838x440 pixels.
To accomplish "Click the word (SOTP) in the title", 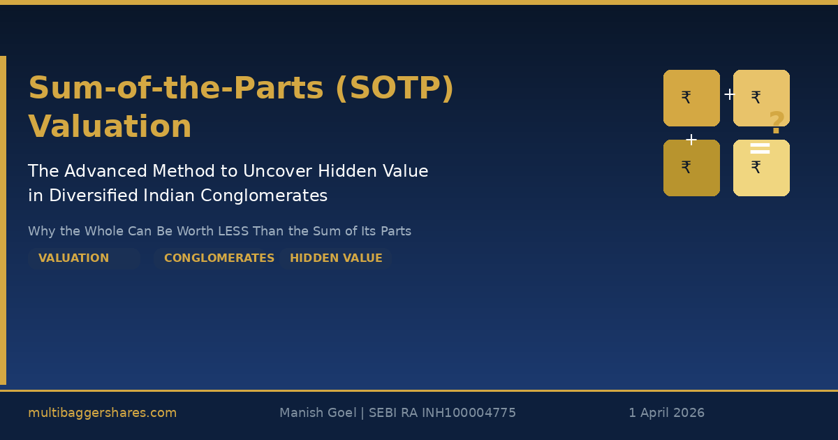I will (395, 89).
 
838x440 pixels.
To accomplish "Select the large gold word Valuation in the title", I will (110, 127).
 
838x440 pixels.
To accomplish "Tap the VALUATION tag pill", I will (74, 258).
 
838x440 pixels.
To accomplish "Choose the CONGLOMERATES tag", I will (219, 258).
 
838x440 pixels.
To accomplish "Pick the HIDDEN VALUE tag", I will (336, 258).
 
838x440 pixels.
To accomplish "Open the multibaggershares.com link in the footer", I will (102, 413).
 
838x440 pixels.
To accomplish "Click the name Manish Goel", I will (317, 413).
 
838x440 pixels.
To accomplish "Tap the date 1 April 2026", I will (666, 413).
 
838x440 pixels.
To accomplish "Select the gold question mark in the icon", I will (777, 124).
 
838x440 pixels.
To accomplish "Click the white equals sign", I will (760, 148).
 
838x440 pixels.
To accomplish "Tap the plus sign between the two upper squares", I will (729, 94).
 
